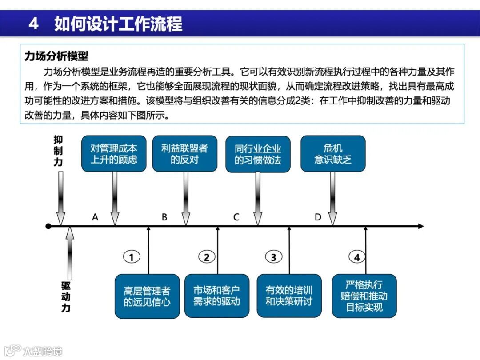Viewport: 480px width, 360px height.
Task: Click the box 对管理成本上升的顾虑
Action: pos(114,154)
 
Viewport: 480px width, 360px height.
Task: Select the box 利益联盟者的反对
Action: pos(184,154)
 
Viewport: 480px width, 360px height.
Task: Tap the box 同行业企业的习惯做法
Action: pos(258,154)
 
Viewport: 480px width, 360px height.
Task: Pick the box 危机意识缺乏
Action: pos(333,154)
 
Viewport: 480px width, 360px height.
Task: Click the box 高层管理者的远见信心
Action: pos(147,296)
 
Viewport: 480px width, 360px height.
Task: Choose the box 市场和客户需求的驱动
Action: pos(216,296)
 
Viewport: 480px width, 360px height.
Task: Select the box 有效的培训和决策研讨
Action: pos(289,296)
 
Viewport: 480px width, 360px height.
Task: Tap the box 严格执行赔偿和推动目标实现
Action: pos(364,296)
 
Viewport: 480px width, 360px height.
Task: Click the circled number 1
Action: pos(131,257)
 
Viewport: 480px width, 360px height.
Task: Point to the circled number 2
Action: pos(206,257)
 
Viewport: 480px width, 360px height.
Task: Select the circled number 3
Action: pos(273,257)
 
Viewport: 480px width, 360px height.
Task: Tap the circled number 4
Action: pos(356,257)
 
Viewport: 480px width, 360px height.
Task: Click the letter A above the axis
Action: pos(95,217)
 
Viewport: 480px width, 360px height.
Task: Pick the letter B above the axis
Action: pos(164,217)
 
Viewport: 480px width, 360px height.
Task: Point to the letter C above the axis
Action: pos(236,217)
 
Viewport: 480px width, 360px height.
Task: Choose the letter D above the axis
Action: pos(318,217)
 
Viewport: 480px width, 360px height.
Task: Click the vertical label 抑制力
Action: pos(59,151)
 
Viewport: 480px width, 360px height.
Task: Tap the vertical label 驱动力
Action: pos(66,296)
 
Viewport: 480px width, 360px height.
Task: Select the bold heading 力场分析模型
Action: pos(56,56)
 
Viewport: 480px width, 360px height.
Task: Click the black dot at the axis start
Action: pos(48,226)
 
